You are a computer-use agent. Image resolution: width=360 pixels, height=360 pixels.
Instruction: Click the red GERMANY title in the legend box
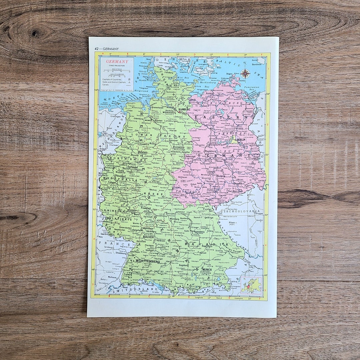pos(117,62)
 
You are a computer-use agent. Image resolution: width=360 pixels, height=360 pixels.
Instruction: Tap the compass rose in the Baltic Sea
pos(245,74)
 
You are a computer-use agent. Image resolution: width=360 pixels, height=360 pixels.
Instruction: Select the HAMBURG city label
pos(184,109)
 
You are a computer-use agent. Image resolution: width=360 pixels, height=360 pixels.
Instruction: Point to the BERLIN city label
pos(241,139)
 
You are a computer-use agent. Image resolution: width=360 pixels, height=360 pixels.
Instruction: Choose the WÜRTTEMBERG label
pos(148,261)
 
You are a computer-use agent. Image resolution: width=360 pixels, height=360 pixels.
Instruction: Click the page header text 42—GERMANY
pos(106,49)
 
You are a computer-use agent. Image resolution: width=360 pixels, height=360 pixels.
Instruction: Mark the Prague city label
pos(260,213)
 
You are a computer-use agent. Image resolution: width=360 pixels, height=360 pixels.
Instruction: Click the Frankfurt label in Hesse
pos(146,208)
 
